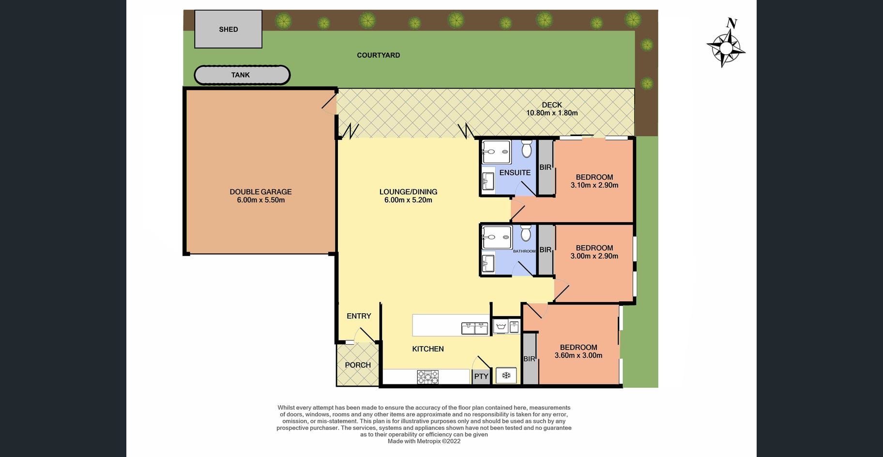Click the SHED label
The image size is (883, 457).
(228, 30)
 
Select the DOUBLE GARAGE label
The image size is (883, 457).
(260, 192)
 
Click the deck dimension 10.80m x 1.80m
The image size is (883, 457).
(552, 113)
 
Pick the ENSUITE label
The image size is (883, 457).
(515, 173)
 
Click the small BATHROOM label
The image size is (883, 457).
(524, 251)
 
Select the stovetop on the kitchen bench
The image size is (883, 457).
(428, 377)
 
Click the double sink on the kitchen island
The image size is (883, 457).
(475, 328)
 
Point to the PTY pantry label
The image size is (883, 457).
(481, 376)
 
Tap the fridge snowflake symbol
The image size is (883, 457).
(506, 375)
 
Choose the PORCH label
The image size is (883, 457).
(358, 365)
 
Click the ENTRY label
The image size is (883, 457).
(359, 316)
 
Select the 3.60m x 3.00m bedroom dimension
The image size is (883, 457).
(579, 355)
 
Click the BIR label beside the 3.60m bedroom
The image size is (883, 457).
(529, 359)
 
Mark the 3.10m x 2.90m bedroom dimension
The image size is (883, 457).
(594, 185)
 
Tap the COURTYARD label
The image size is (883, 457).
(379, 55)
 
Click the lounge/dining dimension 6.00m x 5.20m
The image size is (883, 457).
(408, 200)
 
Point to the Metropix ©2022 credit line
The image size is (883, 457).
(424, 442)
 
